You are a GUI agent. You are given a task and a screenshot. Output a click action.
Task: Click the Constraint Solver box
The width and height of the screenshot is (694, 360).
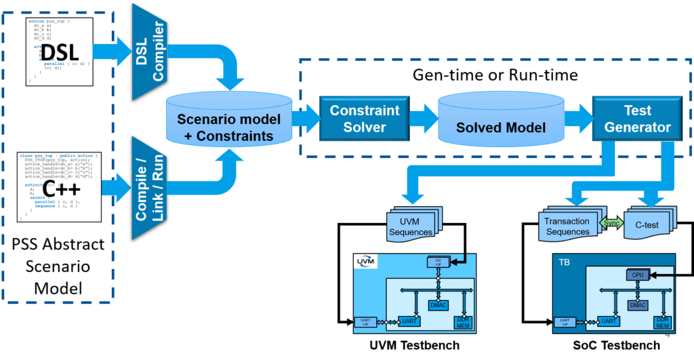[x=365, y=119]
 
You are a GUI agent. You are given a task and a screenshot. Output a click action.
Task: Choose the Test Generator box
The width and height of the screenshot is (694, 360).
[x=637, y=119]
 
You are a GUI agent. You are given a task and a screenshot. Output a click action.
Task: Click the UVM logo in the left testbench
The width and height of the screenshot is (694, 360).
[x=367, y=262]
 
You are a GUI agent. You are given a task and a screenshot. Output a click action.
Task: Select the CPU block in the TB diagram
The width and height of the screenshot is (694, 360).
[x=638, y=275]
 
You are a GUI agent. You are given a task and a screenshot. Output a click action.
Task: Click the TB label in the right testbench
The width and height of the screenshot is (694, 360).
[x=565, y=261]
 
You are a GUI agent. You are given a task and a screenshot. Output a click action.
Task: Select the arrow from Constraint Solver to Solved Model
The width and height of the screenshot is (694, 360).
[x=422, y=119]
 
